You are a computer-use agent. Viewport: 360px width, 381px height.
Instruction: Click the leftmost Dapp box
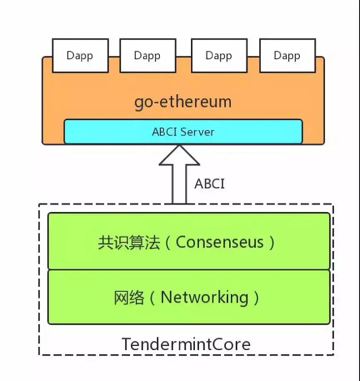pos(80,55)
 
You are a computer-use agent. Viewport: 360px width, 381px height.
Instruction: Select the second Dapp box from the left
pos(147,55)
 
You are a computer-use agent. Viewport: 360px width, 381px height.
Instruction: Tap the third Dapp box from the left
pos(219,55)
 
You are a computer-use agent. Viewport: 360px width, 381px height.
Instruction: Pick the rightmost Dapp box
pos(287,55)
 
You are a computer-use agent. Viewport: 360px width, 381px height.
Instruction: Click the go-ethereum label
pos(182,102)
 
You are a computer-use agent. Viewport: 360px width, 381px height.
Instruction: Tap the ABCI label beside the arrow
pos(209,184)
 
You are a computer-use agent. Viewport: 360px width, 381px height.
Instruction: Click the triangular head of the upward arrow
pos(179,155)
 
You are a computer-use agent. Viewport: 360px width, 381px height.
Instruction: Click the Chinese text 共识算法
pos(129,242)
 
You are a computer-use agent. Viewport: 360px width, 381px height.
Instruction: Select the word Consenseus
pos(220,242)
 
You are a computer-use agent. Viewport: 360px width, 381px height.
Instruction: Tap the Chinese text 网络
pos(129,298)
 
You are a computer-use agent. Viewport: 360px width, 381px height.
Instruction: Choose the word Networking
pos(204,298)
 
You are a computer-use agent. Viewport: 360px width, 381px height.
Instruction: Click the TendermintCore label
pos(186,344)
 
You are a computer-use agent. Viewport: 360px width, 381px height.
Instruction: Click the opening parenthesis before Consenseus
pos(168,243)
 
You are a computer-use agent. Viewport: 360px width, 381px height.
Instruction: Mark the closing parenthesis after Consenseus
pos(272,243)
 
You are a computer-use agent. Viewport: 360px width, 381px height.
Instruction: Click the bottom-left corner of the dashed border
pos(40,355)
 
